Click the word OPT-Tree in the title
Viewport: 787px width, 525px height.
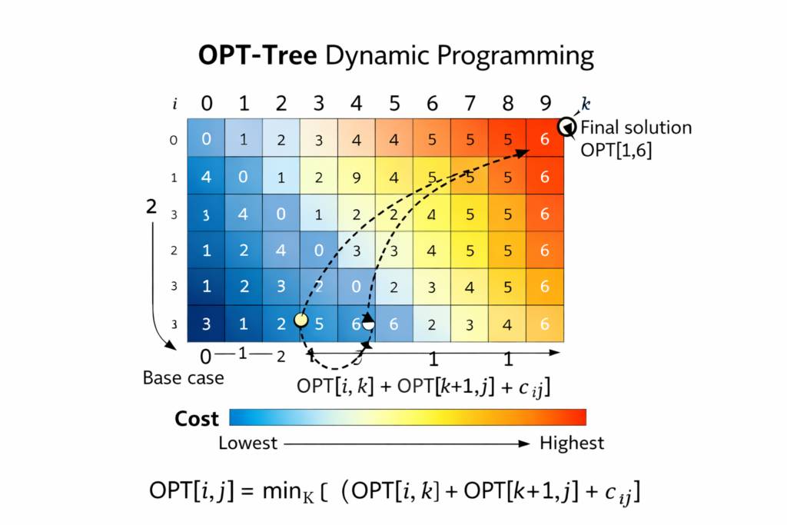(x=257, y=56)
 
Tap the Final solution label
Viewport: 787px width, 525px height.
(x=636, y=128)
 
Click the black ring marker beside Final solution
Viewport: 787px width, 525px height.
(x=567, y=127)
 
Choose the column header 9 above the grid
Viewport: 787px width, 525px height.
(x=545, y=103)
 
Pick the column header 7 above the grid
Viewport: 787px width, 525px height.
(x=470, y=103)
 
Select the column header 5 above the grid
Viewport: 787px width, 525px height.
(x=395, y=103)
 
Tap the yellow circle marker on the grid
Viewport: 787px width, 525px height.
(x=301, y=321)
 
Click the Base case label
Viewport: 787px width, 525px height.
(x=184, y=378)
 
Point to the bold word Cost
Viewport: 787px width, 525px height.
(x=197, y=419)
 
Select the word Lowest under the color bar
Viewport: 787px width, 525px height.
(x=248, y=444)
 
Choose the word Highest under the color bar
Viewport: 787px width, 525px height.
(x=572, y=444)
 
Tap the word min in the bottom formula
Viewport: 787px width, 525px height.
(x=281, y=491)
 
